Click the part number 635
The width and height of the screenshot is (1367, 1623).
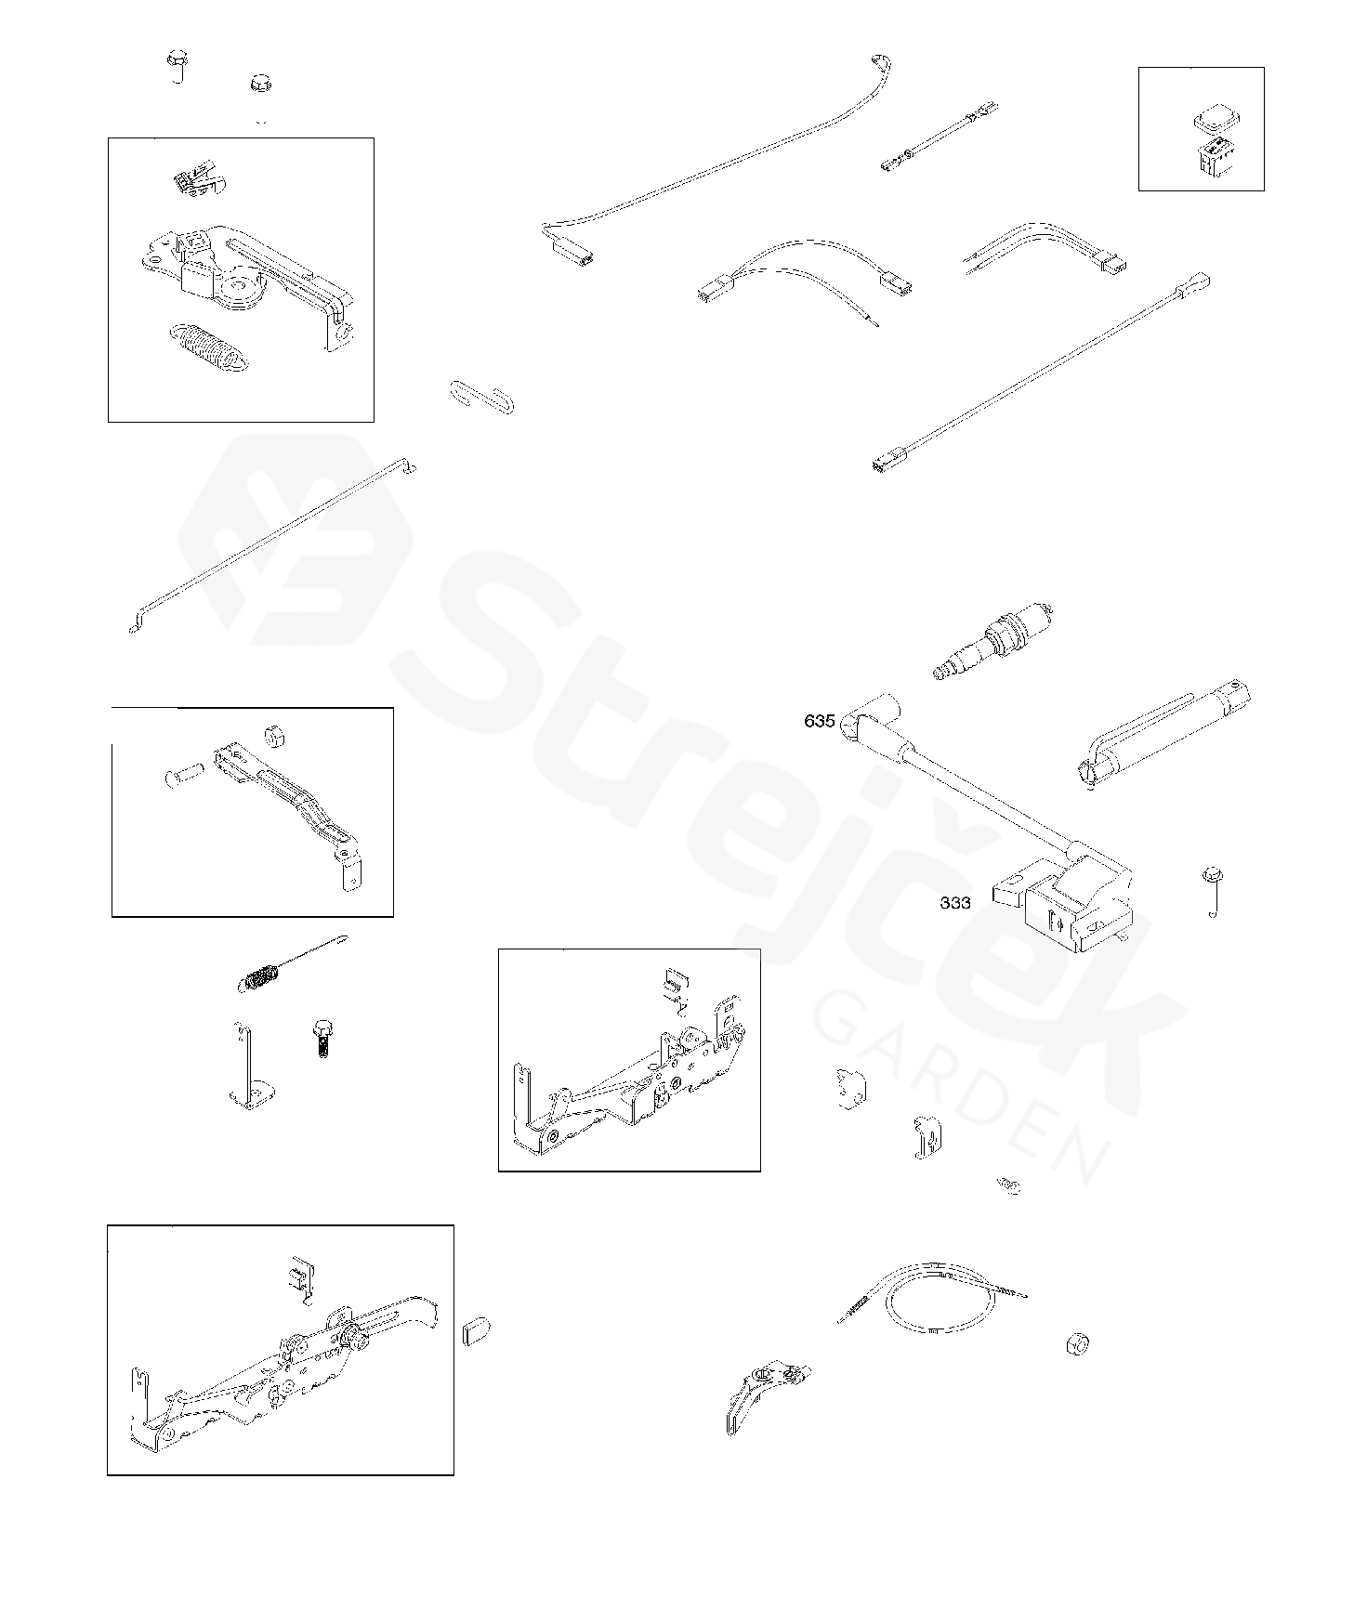pyautogui.click(x=819, y=721)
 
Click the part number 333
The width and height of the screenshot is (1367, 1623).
pyautogui.click(x=955, y=902)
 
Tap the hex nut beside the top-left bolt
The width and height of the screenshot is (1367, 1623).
pyautogui.click(x=261, y=84)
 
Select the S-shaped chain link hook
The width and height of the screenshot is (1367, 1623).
pyautogui.click(x=480, y=397)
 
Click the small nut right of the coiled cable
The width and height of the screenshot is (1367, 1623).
pyautogui.click(x=1078, y=1344)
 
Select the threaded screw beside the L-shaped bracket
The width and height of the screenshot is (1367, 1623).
pyautogui.click(x=322, y=1040)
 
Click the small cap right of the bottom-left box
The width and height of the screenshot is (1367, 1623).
pyautogui.click(x=476, y=1330)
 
